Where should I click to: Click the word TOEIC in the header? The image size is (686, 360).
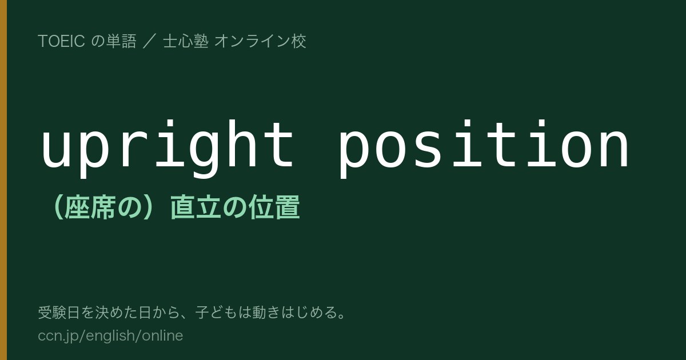click(61, 41)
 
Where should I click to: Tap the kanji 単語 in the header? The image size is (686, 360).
click(121, 41)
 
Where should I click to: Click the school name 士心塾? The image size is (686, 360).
click(186, 41)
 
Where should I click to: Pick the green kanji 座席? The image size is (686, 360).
click(91, 207)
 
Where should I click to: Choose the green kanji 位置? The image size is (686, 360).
click(274, 207)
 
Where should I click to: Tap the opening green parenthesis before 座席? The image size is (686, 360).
click(58, 207)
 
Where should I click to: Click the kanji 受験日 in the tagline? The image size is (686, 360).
click(59, 313)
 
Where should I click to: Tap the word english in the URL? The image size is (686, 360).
click(110, 337)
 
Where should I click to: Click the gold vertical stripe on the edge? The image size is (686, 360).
click(3, 180)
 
